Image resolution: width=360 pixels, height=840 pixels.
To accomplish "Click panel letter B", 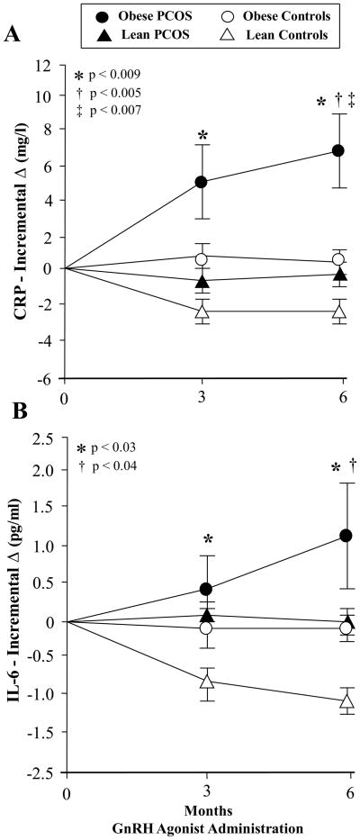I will click(13, 417).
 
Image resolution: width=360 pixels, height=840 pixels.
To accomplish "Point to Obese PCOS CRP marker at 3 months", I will click(202, 182).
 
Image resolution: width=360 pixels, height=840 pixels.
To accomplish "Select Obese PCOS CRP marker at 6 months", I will click(338, 150).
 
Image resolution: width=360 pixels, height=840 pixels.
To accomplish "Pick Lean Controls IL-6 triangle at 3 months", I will click(207, 682).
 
